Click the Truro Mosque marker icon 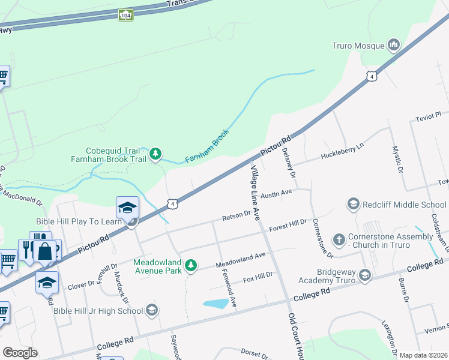click(394, 45)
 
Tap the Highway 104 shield click(125, 15)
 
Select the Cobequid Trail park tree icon click(156, 154)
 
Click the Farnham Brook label click(207, 146)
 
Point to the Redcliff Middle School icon click(354, 205)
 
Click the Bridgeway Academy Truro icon click(364, 275)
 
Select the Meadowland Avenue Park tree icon click(191, 265)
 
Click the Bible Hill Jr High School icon click(152, 310)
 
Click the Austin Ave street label click(277, 194)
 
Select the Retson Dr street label click(237, 215)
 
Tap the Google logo click(20, 352)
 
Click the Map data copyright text click(423, 355)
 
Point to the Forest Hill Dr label click(288, 225)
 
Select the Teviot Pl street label click(429, 116)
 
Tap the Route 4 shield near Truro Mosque click(372, 76)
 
